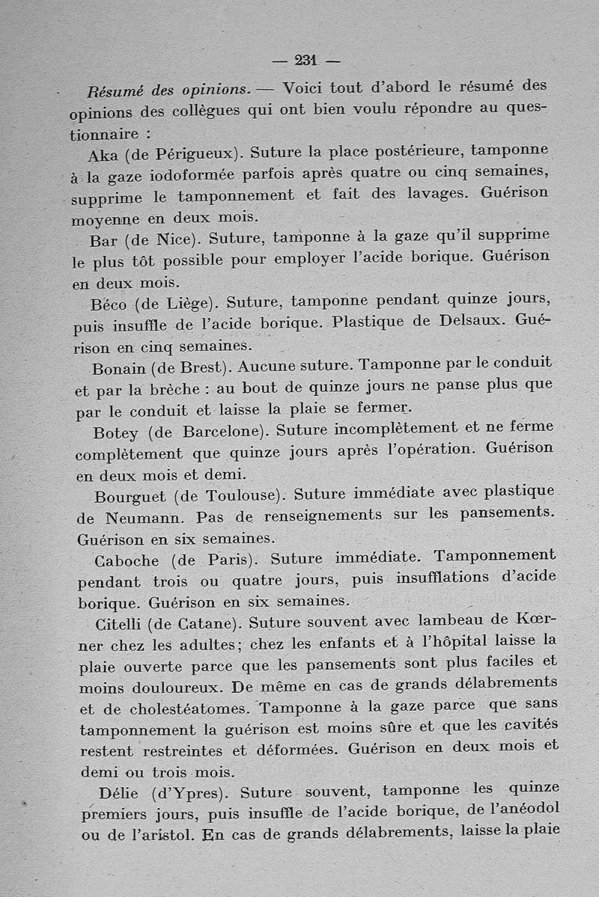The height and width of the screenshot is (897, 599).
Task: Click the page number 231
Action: (x=307, y=61)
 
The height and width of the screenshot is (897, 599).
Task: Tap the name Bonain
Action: (x=118, y=368)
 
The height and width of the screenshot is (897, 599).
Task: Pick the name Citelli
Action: (x=121, y=623)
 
